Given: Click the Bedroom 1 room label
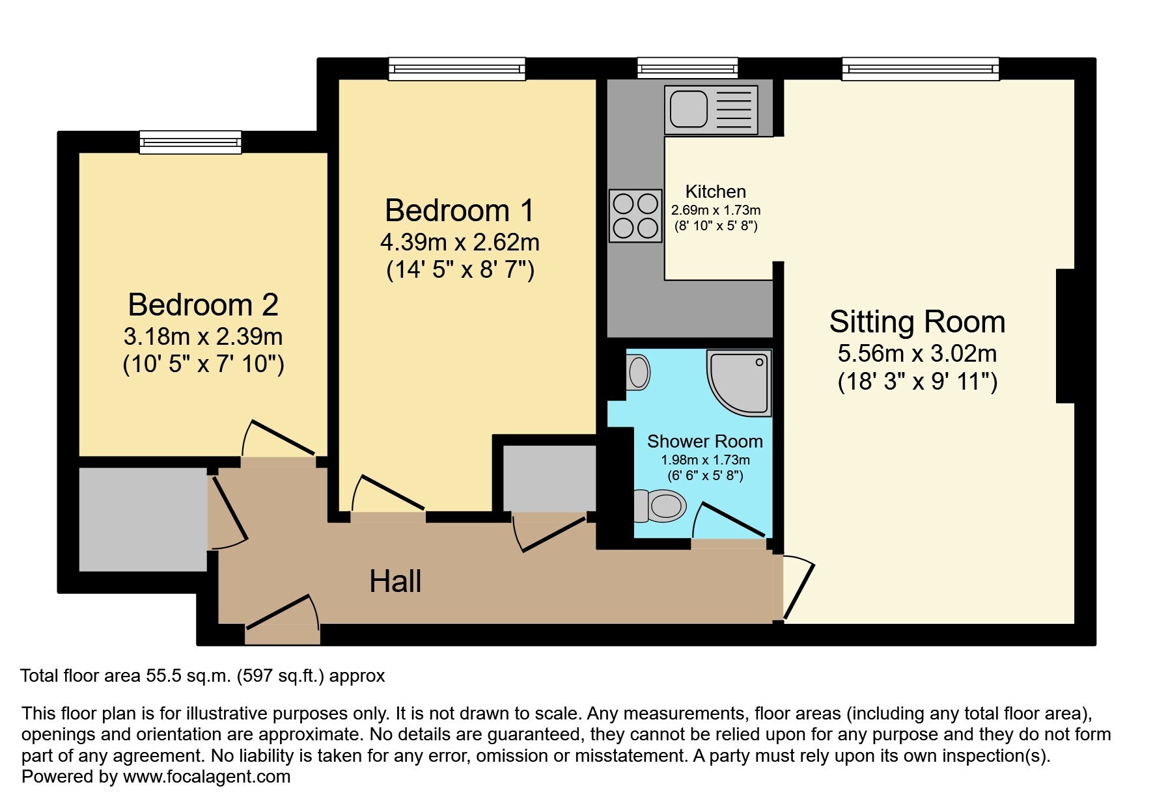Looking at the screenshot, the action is (x=459, y=211).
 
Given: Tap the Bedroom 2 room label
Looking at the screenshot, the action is (x=203, y=304).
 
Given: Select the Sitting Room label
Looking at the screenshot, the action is (x=917, y=322).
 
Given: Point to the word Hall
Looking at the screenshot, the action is (x=395, y=581).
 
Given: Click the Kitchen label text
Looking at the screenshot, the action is (x=715, y=191).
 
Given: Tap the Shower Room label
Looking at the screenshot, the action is (x=705, y=441).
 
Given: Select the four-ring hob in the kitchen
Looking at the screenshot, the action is (x=635, y=215).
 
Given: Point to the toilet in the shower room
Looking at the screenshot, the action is (x=660, y=505).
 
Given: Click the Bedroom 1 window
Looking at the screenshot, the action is (x=457, y=68).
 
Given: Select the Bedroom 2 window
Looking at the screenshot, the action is (x=191, y=142).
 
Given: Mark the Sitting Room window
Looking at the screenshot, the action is (x=921, y=68).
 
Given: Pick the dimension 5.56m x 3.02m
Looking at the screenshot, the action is (x=917, y=354).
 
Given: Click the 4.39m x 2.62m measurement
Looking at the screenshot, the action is (x=460, y=243).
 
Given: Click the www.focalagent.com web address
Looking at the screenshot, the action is (x=207, y=777).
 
